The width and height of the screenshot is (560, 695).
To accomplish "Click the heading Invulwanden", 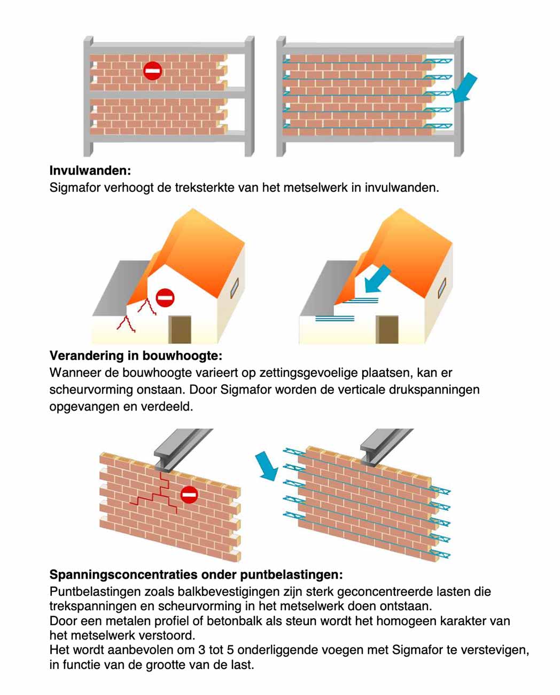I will tap(90, 171).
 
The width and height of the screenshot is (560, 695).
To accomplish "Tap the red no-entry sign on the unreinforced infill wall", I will tap(153, 70).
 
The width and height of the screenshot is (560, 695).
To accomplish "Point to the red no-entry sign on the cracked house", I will tap(165, 298).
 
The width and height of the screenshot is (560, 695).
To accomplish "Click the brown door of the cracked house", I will tap(180, 329).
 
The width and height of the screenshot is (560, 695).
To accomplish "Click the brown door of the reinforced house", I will tap(387, 329).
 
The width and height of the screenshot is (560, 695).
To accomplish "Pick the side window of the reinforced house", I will tap(441, 288).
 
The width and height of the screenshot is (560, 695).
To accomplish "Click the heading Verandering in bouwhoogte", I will tap(136, 356).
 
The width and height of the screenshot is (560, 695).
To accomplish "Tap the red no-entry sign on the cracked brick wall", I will tap(189, 495).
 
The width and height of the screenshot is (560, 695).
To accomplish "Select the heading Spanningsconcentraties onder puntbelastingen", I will tap(196, 575).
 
